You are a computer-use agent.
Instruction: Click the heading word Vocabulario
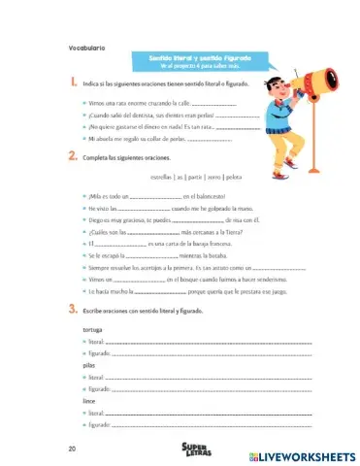(87, 47)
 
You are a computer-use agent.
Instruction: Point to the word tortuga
(94, 331)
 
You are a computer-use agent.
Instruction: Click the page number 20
(73, 449)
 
